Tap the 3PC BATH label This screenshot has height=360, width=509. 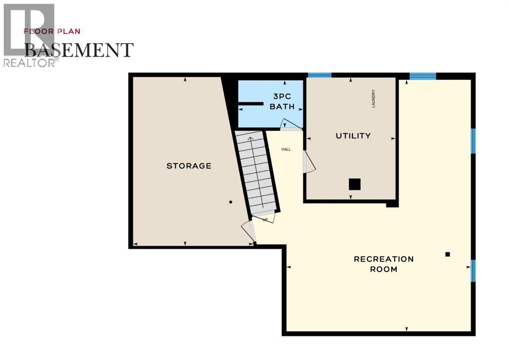282,101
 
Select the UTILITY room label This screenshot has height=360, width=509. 353,136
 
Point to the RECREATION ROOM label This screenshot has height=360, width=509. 383,264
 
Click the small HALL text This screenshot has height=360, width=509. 286,149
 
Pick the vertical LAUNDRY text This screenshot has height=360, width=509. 373,98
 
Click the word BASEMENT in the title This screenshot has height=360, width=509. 79,50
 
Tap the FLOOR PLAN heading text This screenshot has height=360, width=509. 52,31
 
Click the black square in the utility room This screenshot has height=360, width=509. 354,184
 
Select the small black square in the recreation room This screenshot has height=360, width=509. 447,254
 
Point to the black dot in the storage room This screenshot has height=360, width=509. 231,202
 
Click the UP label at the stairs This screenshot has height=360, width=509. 265,219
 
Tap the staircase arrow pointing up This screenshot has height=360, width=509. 251,142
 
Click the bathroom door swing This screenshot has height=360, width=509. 290,124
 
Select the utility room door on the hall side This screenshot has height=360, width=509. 309,162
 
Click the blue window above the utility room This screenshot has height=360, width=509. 320,75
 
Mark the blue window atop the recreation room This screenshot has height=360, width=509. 423,76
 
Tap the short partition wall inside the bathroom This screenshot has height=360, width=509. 250,104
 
